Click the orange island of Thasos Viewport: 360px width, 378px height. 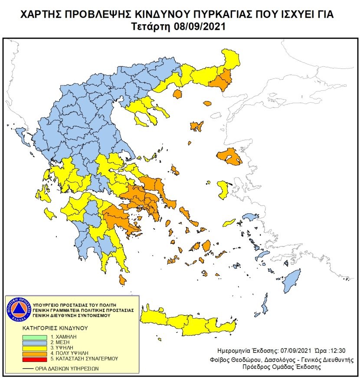point(177,94)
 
